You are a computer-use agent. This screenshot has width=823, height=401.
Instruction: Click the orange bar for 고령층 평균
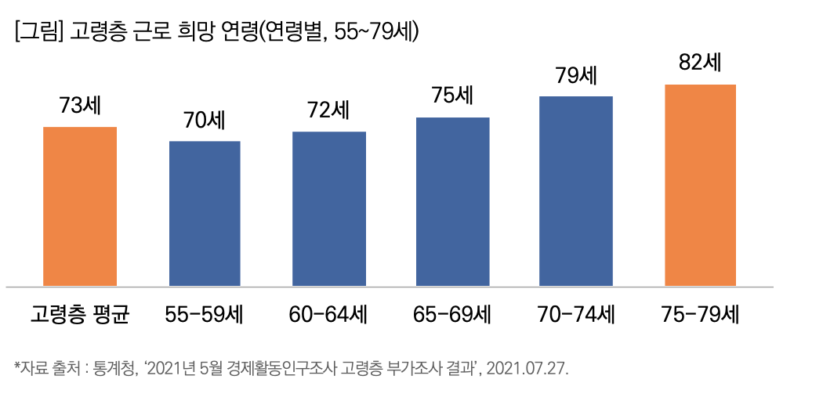pos(80,206)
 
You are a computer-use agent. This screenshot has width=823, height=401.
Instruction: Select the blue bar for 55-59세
pos(205,213)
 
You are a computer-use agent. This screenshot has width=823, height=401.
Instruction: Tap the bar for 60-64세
pos(329,208)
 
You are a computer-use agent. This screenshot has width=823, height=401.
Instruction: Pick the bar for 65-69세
pos(452,201)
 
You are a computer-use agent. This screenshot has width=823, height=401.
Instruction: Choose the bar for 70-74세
pos(576,191)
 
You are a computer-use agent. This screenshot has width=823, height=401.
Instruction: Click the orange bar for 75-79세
pos(700,185)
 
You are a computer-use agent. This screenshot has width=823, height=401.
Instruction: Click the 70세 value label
pos(205,121)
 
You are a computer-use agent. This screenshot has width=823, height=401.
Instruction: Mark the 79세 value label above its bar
pos(576,77)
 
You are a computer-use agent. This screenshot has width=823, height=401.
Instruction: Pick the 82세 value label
pos(700,63)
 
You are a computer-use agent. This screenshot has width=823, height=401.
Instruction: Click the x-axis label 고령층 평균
pos(79,316)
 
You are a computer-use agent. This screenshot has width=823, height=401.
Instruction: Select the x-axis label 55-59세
pos(205,316)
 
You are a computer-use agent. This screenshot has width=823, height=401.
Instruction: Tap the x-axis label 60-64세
pos(328,316)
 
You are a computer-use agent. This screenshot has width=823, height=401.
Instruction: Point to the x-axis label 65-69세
pos(452,316)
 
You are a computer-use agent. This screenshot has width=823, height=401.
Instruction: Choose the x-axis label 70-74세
pos(576,316)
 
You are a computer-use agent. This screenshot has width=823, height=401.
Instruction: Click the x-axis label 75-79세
pos(700,316)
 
